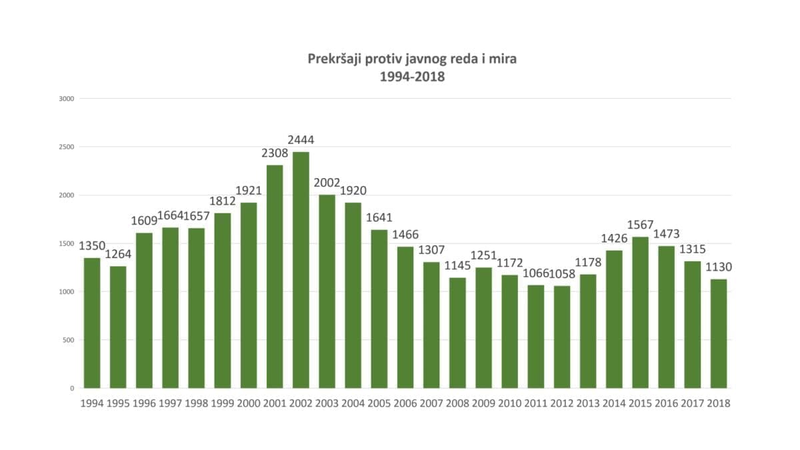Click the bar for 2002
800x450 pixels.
[x=301, y=270]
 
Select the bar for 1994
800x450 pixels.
[x=92, y=323]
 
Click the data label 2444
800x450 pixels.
[x=301, y=141]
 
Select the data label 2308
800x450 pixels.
[x=275, y=154]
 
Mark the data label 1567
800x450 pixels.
[x=640, y=225]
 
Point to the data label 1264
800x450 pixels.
[x=118, y=255]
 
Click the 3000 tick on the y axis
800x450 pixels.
[x=67, y=99]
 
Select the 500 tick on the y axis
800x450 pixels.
[x=69, y=340]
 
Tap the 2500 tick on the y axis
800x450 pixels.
[x=67, y=147]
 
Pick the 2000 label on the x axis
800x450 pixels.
[x=249, y=403]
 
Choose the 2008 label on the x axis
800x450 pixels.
[x=457, y=403]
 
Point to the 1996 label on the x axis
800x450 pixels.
[x=144, y=403]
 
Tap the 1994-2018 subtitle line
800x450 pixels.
[x=411, y=77]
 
